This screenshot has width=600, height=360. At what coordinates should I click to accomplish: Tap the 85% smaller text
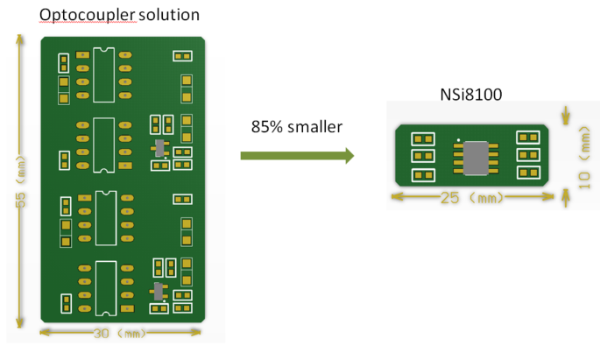click(x=296, y=127)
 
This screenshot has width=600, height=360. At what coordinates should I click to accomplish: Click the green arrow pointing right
click(x=297, y=156)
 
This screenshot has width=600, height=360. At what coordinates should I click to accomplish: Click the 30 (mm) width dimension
click(x=122, y=334)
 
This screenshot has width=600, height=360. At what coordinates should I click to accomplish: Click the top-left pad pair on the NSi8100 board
click(x=423, y=138)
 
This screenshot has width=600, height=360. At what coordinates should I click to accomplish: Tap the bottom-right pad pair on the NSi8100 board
click(x=529, y=174)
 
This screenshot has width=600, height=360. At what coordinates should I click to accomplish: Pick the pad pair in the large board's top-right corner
click(x=183, y=57)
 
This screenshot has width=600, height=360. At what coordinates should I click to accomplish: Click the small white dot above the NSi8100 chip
click(x=458, y=139)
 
